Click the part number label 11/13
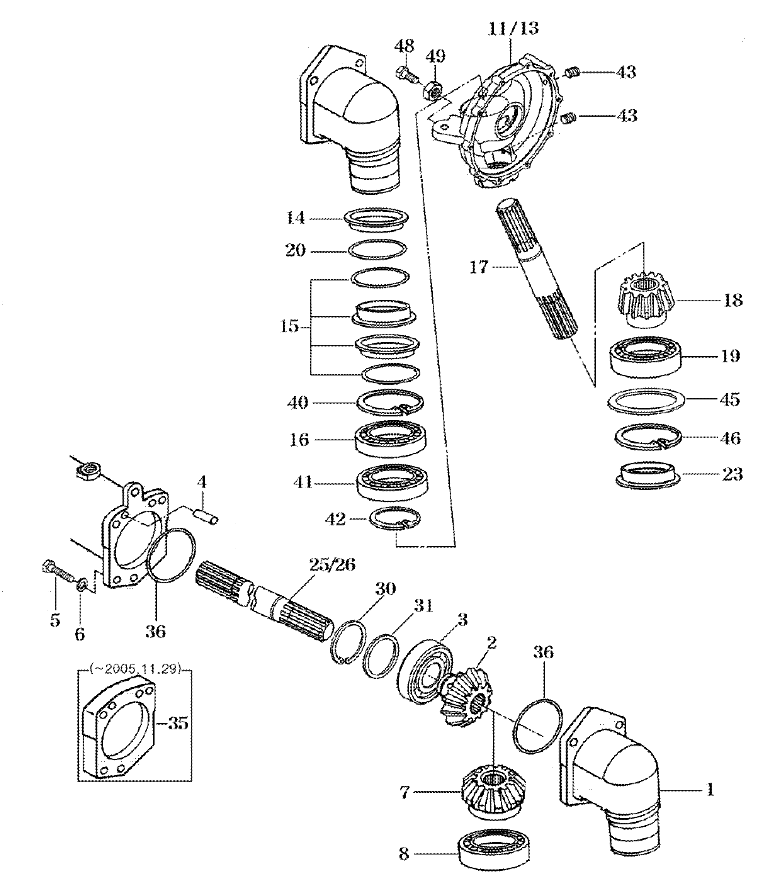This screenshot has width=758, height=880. pyautogui.click(x=513, y=29)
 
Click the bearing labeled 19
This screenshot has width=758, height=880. pyautogui.click(x=646, y=356)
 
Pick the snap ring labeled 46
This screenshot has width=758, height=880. pyautogui.click(x=648, y=437)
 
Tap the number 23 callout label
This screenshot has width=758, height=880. pyautogui.click(x=733, y=474)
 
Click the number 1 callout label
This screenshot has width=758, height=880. pyautogui.click(x=710, y=790)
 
